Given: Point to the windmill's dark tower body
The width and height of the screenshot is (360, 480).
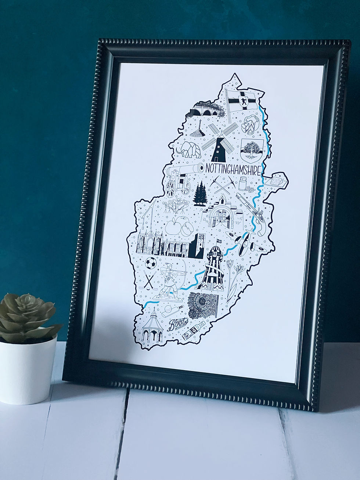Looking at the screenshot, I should coord(219,151).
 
